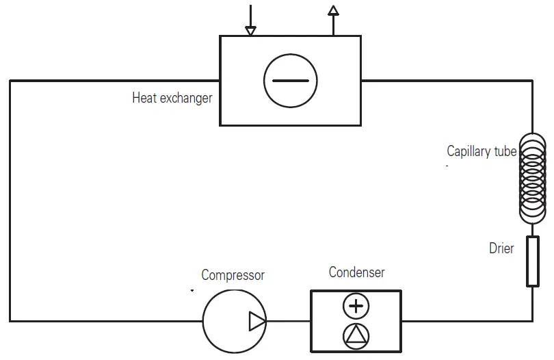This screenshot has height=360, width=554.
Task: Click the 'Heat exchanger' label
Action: click(172, 98)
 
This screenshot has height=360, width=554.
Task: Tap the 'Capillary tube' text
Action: click(481, 151)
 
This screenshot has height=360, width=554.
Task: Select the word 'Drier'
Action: click(501, 248)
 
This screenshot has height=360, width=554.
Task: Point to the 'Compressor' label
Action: click(233, 275)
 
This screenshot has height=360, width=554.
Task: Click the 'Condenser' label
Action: click(356, 272)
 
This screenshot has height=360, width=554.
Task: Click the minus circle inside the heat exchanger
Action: click(291, 81)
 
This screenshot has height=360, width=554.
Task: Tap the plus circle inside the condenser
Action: click(356, 306)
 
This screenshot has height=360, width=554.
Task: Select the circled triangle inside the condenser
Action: click(356, 334)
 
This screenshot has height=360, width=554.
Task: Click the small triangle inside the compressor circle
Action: click(256, 321)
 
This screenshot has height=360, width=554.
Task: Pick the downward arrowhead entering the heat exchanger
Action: click(251, 30)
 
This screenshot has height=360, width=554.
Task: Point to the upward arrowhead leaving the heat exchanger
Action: click(333, 10)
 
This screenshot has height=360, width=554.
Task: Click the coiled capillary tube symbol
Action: click(532, 178)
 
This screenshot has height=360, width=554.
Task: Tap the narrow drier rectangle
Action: click(532, 261)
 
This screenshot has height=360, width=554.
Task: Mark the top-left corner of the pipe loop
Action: click(10, 81)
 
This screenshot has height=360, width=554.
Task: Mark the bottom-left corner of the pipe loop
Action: click(10, 320)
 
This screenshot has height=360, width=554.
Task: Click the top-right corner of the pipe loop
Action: click(532, 81)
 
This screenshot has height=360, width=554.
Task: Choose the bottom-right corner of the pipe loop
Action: click(532, 320)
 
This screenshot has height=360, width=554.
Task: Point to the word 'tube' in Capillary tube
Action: click(505, 151)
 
